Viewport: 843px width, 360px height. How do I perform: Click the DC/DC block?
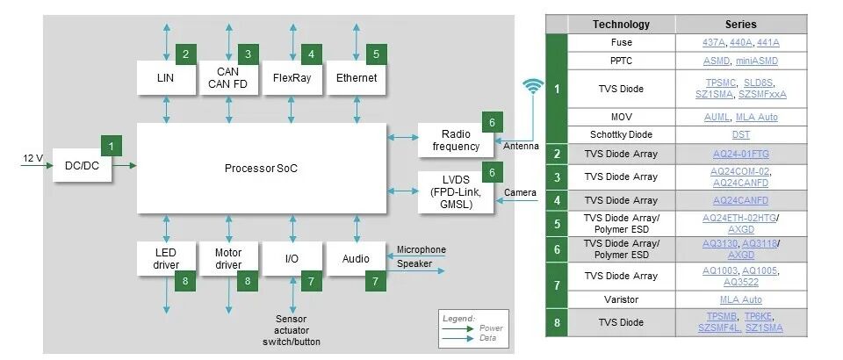point(83,165)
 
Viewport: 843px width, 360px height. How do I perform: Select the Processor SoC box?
point(261,167)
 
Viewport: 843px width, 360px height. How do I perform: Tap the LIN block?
point(165,78)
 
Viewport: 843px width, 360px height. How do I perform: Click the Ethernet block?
point(356,78)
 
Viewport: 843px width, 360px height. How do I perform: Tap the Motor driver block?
point(228,258)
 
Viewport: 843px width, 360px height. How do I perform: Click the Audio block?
point(356,259)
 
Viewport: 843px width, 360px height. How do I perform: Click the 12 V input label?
point(32,158)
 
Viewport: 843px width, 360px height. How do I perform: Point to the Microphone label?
point(421,249)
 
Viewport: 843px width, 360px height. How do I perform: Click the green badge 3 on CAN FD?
point(249,54)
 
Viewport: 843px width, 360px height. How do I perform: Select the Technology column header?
point(621,25)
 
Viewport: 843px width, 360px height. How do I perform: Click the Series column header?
point(740,25)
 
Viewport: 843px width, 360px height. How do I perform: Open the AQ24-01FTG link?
point(740,154)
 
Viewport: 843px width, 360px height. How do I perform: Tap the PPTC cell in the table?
point(621,61)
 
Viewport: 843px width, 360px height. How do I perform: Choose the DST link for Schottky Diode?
point(740,134)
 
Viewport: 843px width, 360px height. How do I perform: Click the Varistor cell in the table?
point(621,299)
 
